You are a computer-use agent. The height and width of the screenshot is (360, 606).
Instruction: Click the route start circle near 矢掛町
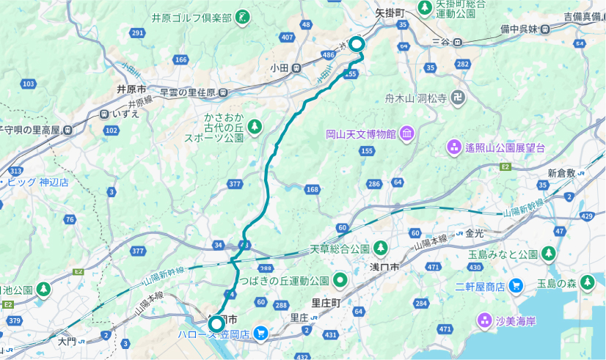coord(357,45)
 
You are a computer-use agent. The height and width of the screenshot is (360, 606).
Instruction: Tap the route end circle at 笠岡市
coord(216,324)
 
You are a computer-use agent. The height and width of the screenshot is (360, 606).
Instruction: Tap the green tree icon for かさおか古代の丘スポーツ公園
coord(255,127)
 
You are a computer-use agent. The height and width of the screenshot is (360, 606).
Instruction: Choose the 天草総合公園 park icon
coord(380,247)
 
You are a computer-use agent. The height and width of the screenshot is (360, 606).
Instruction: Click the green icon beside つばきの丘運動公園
coord(340,279)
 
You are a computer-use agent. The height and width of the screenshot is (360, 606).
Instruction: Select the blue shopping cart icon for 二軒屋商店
coord(516,285)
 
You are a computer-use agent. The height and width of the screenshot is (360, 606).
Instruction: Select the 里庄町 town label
coord(326,302)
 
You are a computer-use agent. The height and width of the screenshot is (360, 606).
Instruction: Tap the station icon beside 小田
coord(297,67)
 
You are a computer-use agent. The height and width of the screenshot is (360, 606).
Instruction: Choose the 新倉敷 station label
coord(561,173)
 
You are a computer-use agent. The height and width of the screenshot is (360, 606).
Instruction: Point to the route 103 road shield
coord(28,84)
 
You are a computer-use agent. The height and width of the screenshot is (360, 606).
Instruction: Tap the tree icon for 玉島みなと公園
coord(548,254)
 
